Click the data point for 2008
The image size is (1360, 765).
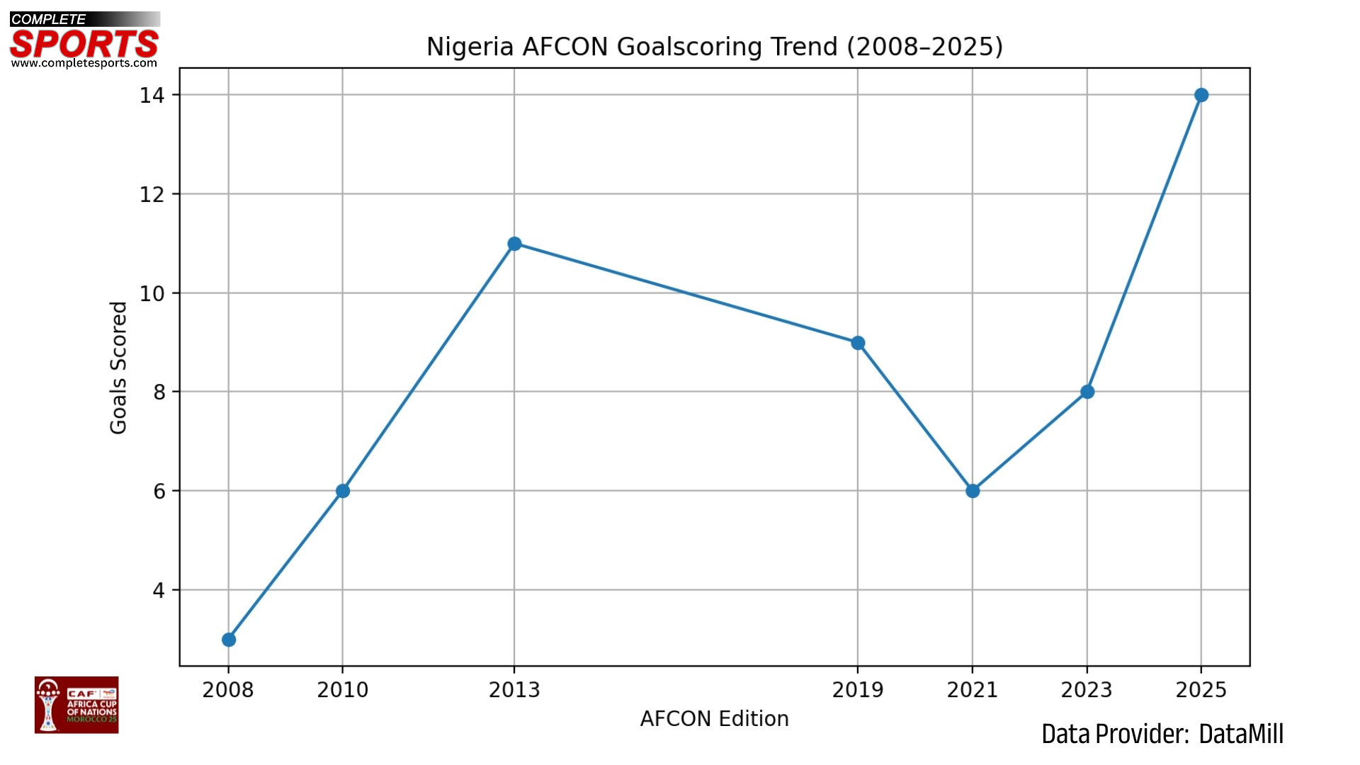pyautogui.click(x=229, y=640)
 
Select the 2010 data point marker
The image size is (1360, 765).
pyautogui.click(x=343, y=491)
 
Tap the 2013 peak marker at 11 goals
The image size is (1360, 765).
pyautogui.click(x=515, y=244)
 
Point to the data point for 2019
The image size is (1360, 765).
pyautogui.click(x=858, y=343)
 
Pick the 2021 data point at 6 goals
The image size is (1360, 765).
pyautogui.click(x=973, y=491)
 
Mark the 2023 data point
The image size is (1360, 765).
pyautogui.click(x=1087, y=392)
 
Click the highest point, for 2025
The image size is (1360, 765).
pyautogui.click(x=1201, y=95)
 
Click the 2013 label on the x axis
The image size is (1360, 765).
pyautogui.click(x=514, y=690)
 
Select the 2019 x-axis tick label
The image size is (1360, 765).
pyautogui.click(x=858, y=690)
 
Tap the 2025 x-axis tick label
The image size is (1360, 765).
pyautogui.click(x=1201, y=690)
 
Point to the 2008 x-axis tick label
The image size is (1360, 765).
pyautogui.click(x=228, y=690)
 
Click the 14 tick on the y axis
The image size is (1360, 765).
pyautogui.click(x=152, y=96)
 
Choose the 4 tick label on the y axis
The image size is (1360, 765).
pyautogui.click(x=159, y=590)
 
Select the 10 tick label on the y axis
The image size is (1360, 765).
pyautogui.click(x=152, y=293)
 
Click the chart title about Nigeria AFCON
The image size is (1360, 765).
pyautogui.click(x=714, y=47)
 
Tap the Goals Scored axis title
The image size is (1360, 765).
pyautogui.click(x=118, y=368)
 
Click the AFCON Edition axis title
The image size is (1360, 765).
pyautogui.click(x=714, y=719)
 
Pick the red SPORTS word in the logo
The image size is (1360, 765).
pyautogui.click(x=84, y=44)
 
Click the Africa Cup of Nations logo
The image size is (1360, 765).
pyautogui.click(x=76, y=705)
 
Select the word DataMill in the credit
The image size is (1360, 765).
pyautogui.click(x=1241, y=735)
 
